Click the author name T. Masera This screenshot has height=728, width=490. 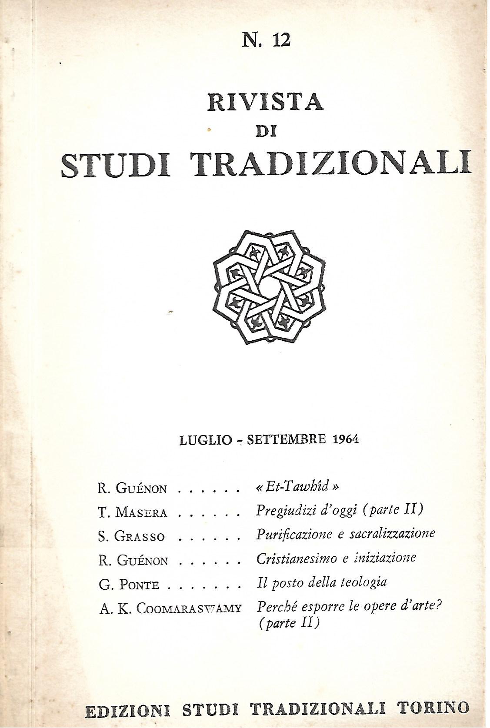point(132,512)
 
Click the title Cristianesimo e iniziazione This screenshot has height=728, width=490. point(336,558)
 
